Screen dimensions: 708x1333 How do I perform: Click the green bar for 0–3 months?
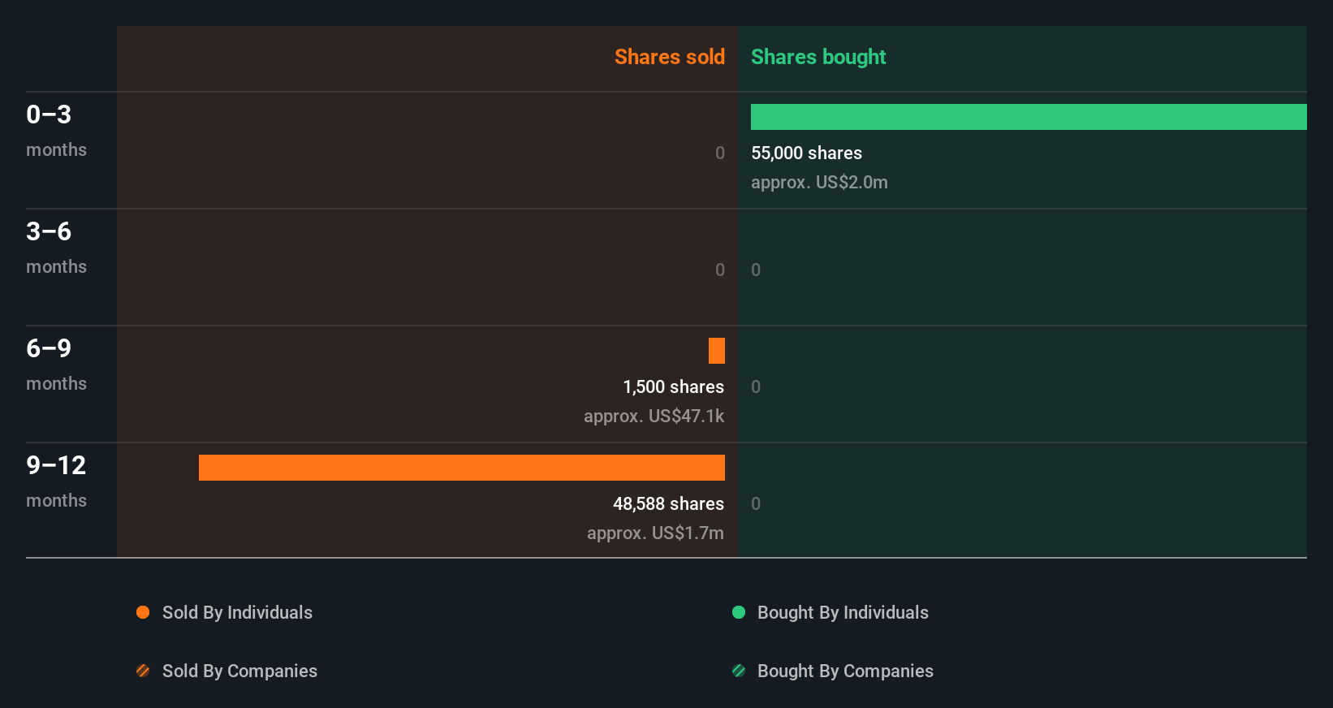click(1029, 117)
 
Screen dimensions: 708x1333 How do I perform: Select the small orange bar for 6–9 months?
click(717, 351)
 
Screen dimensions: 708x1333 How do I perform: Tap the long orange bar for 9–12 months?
click(462, 468)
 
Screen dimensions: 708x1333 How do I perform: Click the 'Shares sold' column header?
click(669, 57)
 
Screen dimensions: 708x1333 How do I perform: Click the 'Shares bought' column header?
click(817, 57)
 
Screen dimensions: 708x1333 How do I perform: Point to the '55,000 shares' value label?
click(806, 153)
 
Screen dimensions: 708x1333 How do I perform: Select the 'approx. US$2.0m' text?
click(819, 182)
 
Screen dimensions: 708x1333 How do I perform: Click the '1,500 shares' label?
click(673, 386)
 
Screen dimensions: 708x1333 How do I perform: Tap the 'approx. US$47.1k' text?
click(654, 416)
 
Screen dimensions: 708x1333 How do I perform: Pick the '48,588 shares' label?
click(668, 503)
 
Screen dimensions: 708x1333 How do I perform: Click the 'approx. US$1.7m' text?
click(655, 533)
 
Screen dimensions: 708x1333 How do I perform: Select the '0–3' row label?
click(49, 114)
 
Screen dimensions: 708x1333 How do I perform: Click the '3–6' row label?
click(49, 231)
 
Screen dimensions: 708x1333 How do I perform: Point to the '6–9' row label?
click(49, 348)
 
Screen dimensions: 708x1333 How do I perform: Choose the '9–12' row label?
click(56, 465)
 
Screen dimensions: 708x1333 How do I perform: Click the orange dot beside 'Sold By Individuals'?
click(143, 612)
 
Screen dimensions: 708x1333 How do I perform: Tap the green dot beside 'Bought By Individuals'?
click(739, 612)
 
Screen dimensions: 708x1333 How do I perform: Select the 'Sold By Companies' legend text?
click(239, 671)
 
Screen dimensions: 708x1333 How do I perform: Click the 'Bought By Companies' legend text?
click(845, 671)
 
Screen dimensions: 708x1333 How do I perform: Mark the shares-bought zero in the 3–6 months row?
click(756, 270)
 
